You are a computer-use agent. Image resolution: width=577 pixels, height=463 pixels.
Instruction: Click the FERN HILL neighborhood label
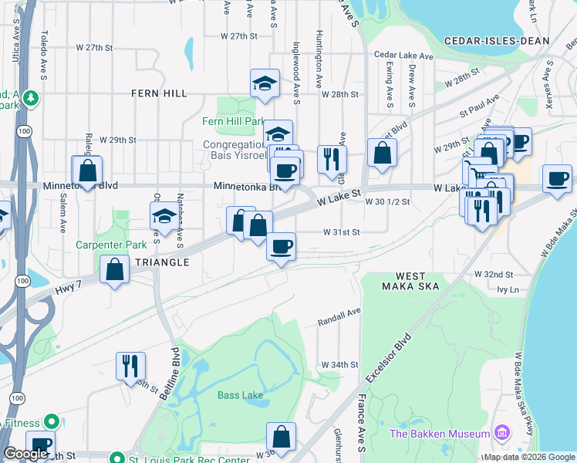click(x=159, y=93)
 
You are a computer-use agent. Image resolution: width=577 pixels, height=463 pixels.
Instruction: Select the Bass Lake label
click(x=240, y=396)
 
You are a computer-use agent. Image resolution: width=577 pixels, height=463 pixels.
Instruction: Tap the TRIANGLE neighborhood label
click(x=162, y=262)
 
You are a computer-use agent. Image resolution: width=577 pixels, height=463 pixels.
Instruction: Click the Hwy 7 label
click(x=69, y=287)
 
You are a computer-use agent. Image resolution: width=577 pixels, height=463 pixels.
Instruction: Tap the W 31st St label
click(x=342, y=231)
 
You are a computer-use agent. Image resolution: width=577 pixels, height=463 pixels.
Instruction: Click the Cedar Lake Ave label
click(x=404, y=56)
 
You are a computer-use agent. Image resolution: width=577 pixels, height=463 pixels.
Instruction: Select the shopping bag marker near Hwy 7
click(x=115, y=271)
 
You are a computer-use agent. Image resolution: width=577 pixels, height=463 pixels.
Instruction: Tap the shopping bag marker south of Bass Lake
click(x=282, y=436)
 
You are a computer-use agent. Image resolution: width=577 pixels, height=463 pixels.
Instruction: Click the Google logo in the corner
click(x=25, y=455)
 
